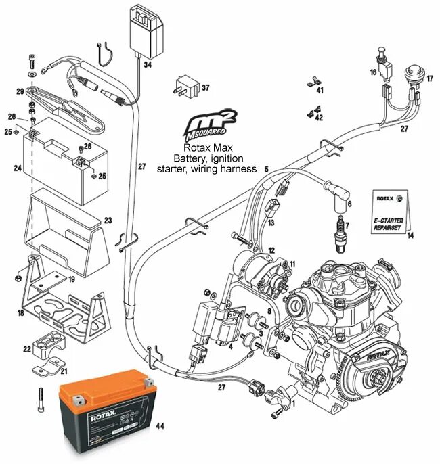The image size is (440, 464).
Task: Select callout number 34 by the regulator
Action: [x=148, y=66]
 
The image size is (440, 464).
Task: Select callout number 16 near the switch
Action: [x=373, y=71]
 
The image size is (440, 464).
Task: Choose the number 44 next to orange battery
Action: [x=160, y=427]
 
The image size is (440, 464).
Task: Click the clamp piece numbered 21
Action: [x=47, y=370]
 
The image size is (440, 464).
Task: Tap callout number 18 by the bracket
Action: [x=20, y=313]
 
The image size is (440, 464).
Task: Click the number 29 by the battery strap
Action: [x=20, y=91]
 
